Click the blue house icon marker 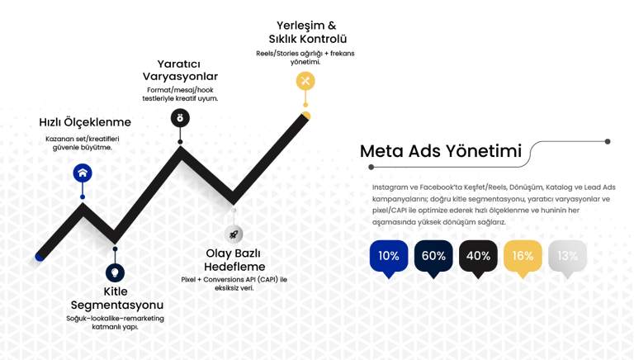point(82,173)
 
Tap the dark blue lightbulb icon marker point(116,271)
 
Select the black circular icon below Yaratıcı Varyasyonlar point(178,118)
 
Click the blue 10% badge point(388,255)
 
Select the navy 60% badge point(433,255)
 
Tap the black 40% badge point(478,255)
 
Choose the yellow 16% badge point(523,255)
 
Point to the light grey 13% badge point(567,255)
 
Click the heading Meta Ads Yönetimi point(440,152)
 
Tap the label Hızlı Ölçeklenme point(86,123)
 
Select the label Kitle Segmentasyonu point(116,298)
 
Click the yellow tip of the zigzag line point(306,116)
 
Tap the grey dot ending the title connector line point(608,141)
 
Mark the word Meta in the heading point(383,152)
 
